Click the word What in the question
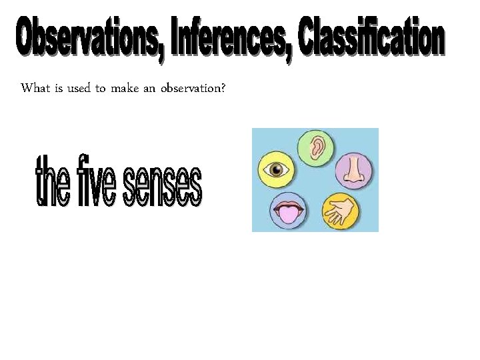point(35,89)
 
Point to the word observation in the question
point(194,89)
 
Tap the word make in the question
point(125,89)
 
